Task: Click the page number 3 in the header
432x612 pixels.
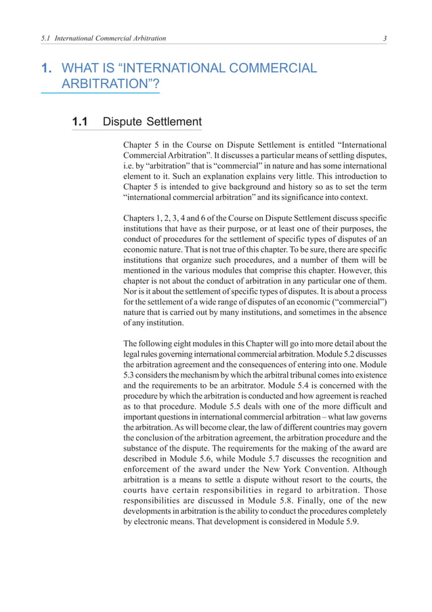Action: click(x=385, y=39)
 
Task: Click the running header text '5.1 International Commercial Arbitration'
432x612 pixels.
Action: click(x=104, y=39)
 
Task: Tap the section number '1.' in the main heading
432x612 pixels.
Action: click(x=47, y=68)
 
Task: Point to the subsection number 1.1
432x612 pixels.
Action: click(x=81, y=122)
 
